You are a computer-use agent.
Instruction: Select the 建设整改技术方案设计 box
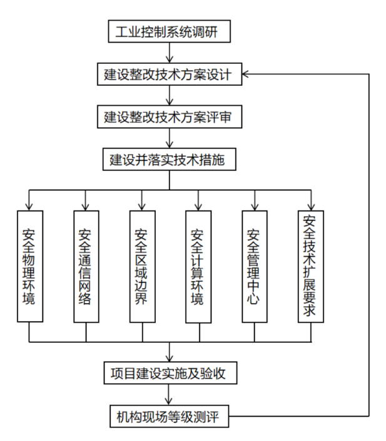click(x=169, y=75)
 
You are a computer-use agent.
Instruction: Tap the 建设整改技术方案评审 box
click(x=169, y=117)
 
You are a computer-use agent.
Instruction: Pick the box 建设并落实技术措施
click(x=169, y=159)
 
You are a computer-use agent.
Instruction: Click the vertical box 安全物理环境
click(x=29, y=266)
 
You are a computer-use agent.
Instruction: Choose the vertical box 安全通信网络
click(x=86, y=266)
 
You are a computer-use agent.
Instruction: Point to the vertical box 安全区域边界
click(x=141, y=266)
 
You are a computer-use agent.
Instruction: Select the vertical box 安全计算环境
click(x=198, y=266)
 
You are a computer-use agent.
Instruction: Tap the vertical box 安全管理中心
click(x=254, y=266)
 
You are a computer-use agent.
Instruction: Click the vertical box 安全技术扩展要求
click(x=310, y=266)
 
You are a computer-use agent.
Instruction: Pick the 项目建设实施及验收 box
click(x=169, y=374)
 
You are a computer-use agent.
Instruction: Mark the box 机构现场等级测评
click(x=169, y=416)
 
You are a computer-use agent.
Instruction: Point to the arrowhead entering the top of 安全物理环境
click(x=29, y=205)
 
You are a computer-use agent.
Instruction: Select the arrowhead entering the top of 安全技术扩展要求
click(x=310, y=205)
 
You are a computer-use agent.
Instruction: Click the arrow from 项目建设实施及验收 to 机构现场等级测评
click(x=169, y=395)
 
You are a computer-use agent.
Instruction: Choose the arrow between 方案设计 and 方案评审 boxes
click(x=169, y=96)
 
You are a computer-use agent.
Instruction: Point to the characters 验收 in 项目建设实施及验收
click(x=221, y=374)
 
